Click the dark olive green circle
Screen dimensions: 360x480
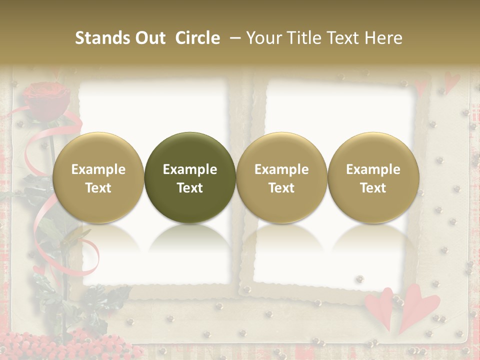(x=190, y=177)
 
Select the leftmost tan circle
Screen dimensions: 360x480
(x=98, y=177)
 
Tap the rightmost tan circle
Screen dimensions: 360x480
(x=373, y=177)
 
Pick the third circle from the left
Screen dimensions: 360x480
(x=281, y=177)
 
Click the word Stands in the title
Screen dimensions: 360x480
(x=102, y=38)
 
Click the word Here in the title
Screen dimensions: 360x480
(x=384, y=38)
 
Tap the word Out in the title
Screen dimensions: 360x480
(x=149, y=38)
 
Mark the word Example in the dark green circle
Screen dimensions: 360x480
(x=190, y=169)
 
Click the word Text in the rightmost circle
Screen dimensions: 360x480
(x=373, y=187)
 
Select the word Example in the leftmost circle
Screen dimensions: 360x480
(x=98, y=169)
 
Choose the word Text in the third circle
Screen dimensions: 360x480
(x=281, y=187)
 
